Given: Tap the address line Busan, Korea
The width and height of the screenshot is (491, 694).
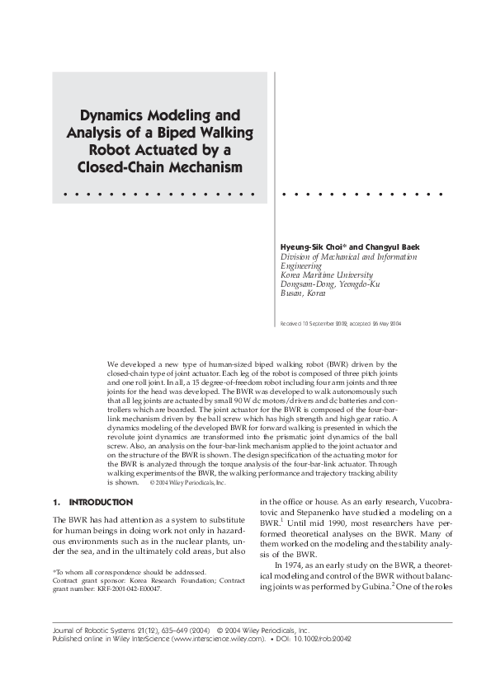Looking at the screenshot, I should click(x=304, y=293).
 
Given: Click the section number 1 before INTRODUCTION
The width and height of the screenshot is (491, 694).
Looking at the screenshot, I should click(x=55, y=502).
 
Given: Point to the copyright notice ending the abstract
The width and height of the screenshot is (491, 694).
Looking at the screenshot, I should click(x=187, y=483).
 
